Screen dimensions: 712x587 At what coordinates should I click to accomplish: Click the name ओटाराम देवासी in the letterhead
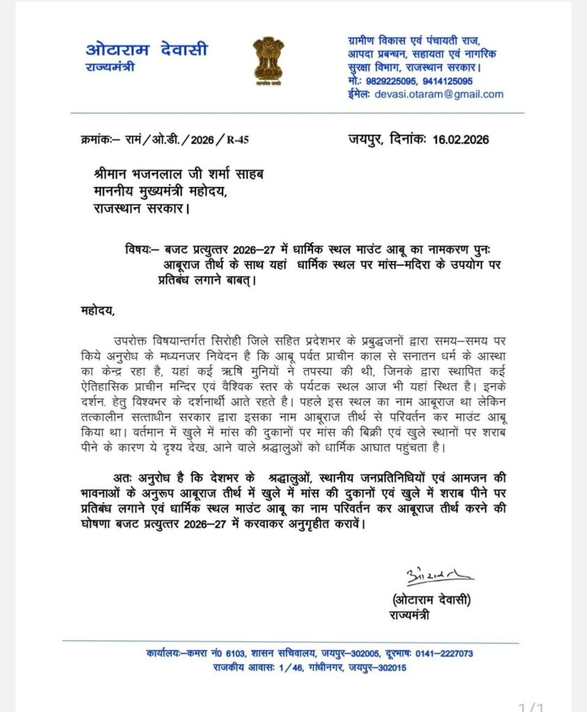point(146,50)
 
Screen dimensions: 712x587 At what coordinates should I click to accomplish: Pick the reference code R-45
point(237,140)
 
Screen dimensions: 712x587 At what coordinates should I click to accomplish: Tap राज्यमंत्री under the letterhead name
point(110,67)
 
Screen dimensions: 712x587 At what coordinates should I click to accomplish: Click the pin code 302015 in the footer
point(388,667)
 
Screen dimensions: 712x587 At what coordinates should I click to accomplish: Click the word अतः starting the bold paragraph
point(122,479)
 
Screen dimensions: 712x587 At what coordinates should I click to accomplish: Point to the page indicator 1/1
point(533,706)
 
